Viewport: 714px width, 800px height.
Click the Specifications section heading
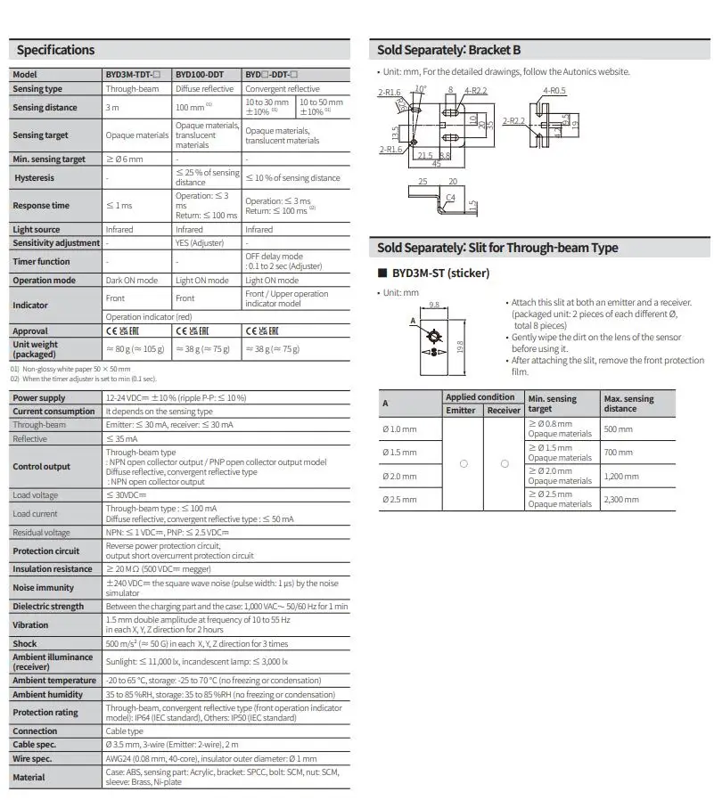point(55,50)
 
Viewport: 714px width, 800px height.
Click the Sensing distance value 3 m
point(112,108)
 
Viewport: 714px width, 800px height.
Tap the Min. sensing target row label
point(49,159)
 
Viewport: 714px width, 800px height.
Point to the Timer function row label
point(41,262)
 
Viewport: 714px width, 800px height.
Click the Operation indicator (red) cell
point(149,317)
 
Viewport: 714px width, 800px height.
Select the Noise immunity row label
point(43,588)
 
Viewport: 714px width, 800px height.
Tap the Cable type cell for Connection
point(124,731)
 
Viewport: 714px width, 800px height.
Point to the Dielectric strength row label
point(48,607)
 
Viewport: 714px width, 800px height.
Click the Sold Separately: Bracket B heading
point(449,51)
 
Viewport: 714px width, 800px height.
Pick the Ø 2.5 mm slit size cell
point(398,499)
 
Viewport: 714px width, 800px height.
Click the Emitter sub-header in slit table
point(461,411)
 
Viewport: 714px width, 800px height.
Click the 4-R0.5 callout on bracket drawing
point(554,91)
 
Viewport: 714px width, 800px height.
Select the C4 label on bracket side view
point(451,197)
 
